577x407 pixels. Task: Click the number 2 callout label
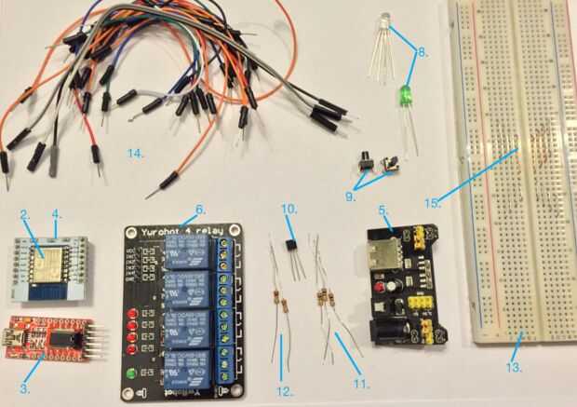tap(25, 215)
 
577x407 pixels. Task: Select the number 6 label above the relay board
tap(201, 209)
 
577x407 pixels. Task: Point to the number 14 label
tap(136, 155)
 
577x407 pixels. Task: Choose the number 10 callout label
tap(288, 207)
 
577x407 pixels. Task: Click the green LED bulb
tap(405, 94)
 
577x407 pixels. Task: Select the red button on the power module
tap(382, 302)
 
